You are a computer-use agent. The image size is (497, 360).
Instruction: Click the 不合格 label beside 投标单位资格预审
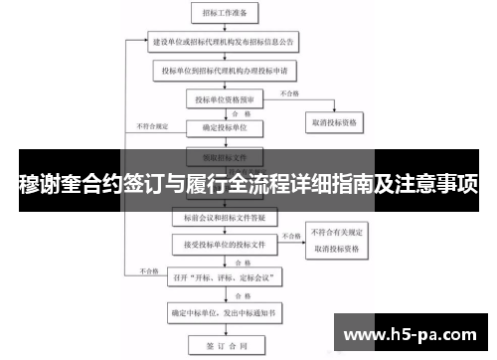(x=289, y=93)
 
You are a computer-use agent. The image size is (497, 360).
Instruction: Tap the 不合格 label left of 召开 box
(x=149, y=270)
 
